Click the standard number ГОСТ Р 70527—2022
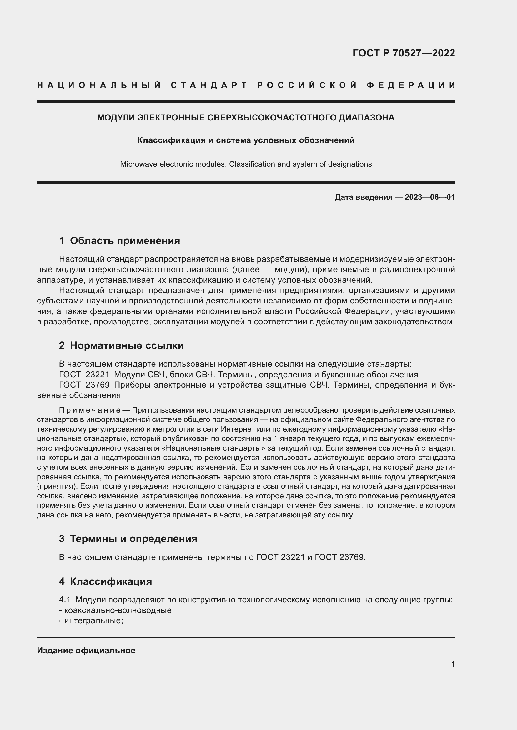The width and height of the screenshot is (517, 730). (404, 53)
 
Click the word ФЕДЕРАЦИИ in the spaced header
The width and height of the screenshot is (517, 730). (411, 85)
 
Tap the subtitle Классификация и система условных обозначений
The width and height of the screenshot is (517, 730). (246, 140)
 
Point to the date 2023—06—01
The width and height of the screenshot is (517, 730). (430, 197)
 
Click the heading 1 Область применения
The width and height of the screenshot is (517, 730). (119, 241)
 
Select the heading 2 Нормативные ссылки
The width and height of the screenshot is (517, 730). (121, 345)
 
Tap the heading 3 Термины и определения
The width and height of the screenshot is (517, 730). (128, 539)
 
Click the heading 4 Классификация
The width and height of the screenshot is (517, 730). (105, 581)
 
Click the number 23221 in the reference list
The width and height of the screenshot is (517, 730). (98, 375)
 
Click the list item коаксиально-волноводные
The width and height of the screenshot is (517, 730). (119, 610)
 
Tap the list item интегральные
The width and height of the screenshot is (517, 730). (93, 621)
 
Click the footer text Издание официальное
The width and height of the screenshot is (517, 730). (86, 650)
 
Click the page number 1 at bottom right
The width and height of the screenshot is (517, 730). (453, 664)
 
